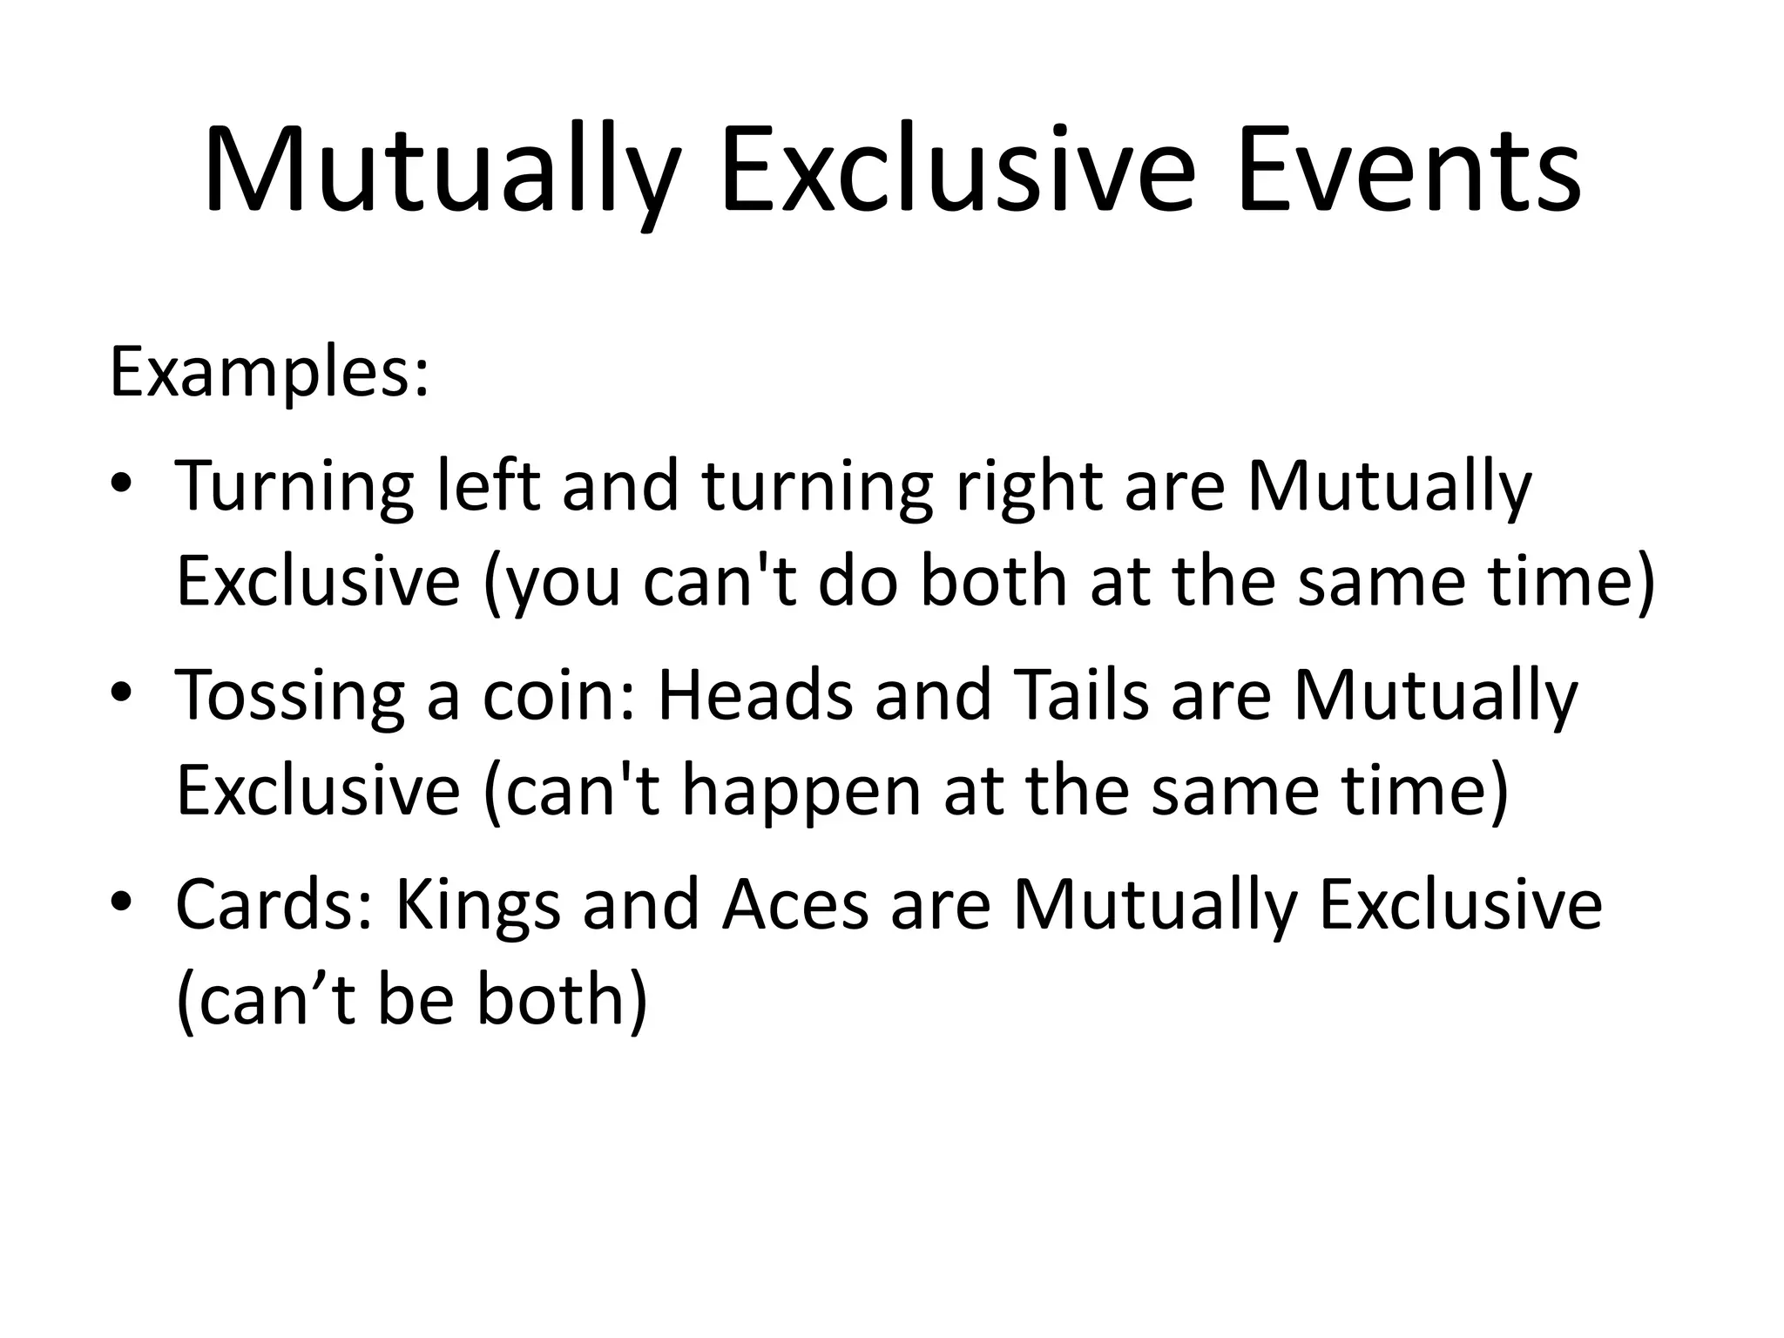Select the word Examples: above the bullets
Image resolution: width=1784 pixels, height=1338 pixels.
(x=269, y=373)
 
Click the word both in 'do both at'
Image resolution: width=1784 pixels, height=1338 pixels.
(x=993, y=581)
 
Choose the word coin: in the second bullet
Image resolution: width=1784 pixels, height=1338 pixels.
(x=558, y=695)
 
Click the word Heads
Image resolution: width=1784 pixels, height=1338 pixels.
(x=754, y=695)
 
